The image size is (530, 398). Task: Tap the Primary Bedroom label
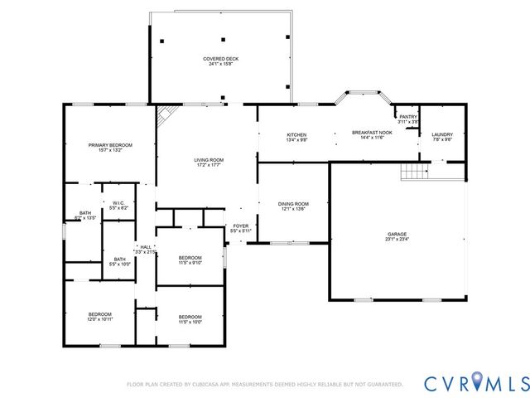tap(110, 145)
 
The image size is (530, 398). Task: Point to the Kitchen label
tap(296, 134)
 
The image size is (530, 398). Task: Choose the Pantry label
tap(408, 117)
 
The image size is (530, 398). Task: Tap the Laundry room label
tap(442, 134)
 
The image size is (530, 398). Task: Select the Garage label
tap(396, 234)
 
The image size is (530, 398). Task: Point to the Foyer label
tap(241, 226)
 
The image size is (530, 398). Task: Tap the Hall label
tap(146, 246)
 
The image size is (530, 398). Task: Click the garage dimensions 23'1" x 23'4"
tap(397, 240)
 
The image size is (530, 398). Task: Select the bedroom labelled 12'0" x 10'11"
tap(100, 314)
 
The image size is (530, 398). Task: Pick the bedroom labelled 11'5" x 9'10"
tap(190, 258)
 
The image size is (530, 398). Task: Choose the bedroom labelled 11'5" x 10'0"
tap(190, 317)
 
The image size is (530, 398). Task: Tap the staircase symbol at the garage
tap(413, 172)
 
